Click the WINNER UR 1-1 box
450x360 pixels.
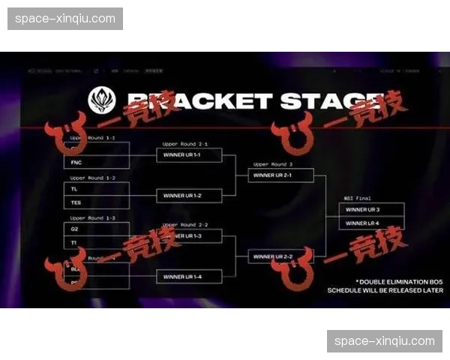(x=189, y=154)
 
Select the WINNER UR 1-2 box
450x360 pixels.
(x=189, y=195)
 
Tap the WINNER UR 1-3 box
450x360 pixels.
(x=189, y=235)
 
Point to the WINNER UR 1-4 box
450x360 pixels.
(x=189, y=276)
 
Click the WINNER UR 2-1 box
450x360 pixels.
(x=280, y=175)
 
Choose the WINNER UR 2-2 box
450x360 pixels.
(x=280, y=256)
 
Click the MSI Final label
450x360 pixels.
(x=358, y=198)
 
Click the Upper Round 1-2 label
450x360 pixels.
(x=92, y=178)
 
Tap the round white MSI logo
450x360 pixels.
(x=102, y=100)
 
